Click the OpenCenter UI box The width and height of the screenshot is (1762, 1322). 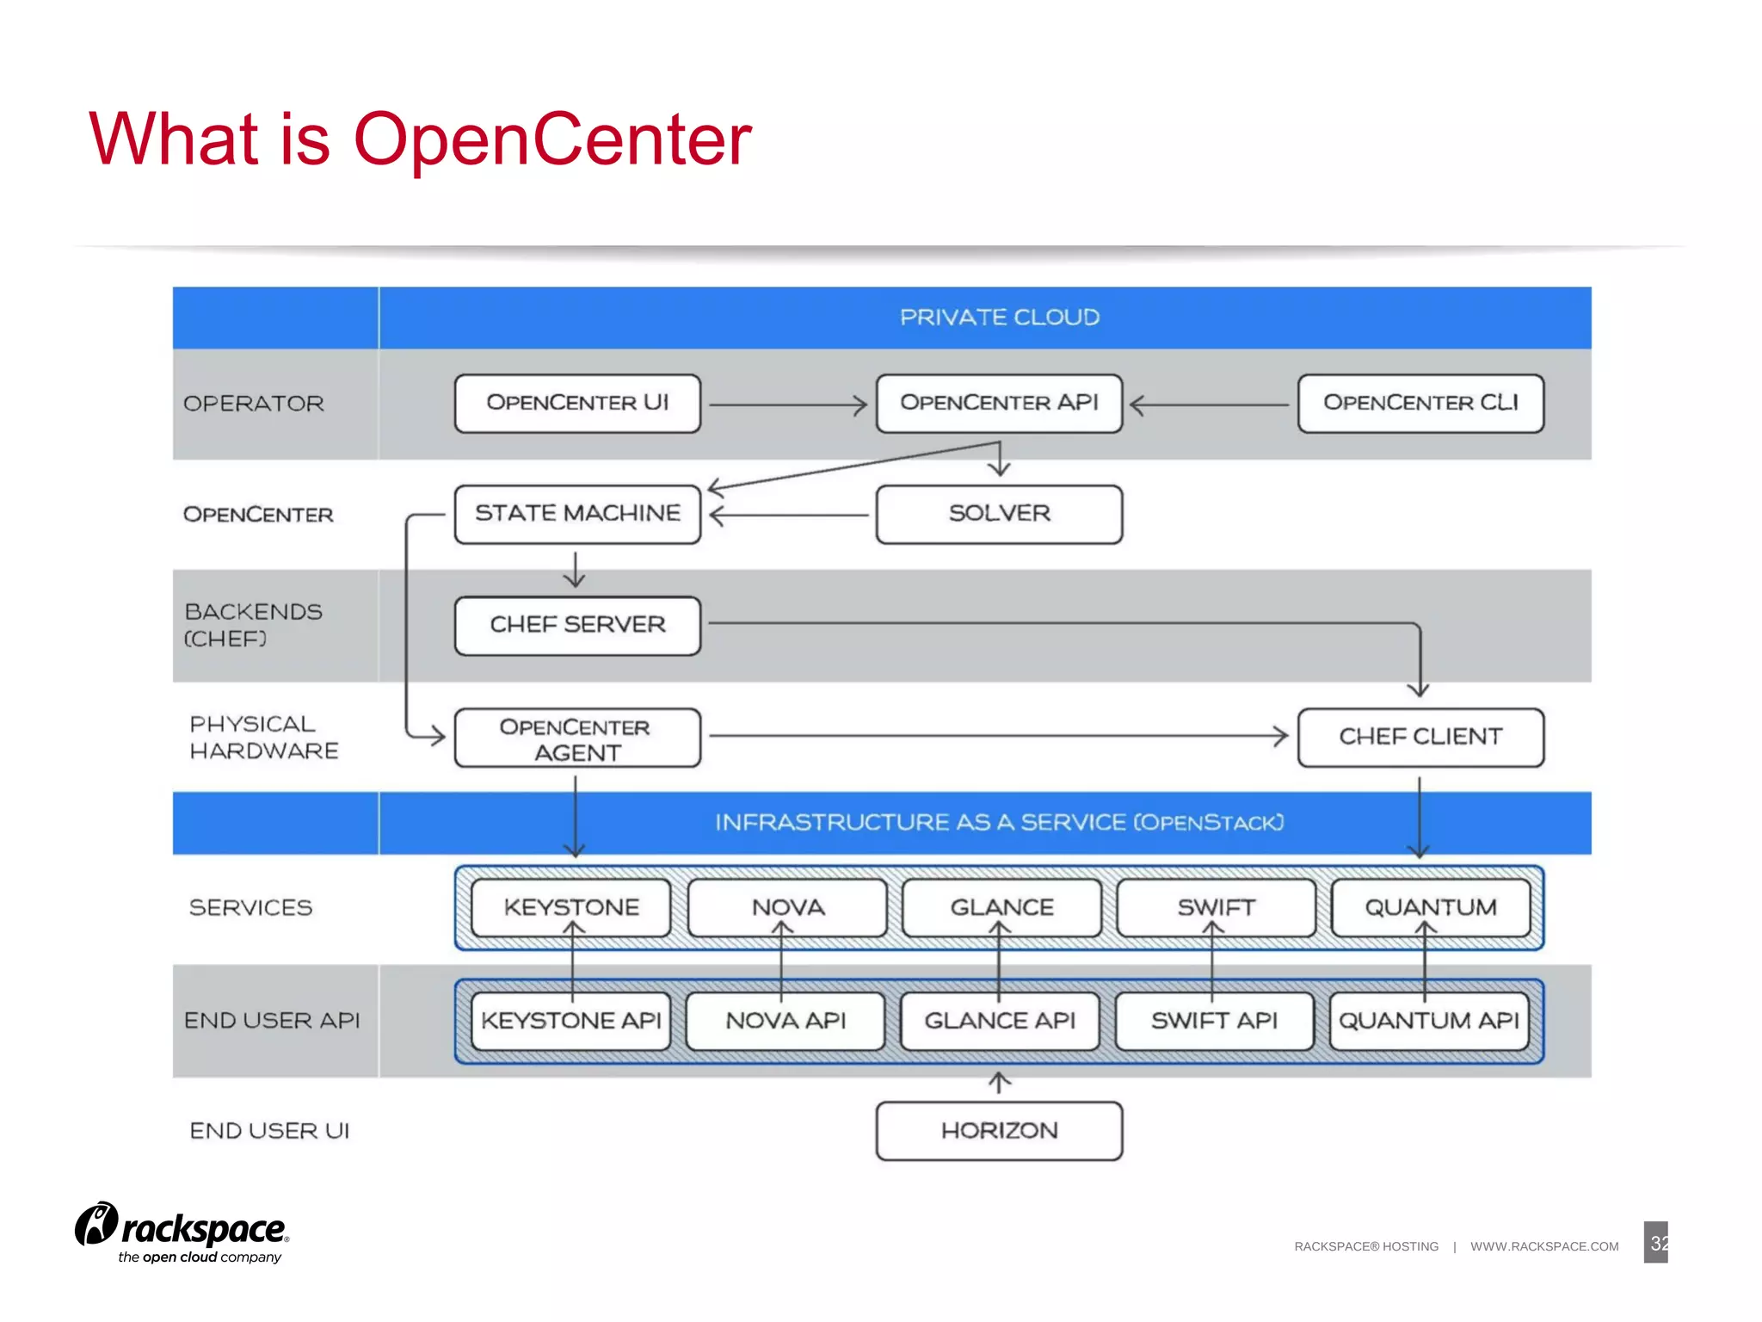577,403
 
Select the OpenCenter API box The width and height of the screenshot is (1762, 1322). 999,403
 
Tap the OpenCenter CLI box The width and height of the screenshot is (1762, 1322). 1420,403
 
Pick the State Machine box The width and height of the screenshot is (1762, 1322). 577,514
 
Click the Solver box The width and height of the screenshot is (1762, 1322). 999,514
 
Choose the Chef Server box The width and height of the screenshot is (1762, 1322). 577,625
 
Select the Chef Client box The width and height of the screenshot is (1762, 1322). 1420,737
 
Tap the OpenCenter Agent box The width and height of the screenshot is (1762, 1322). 577,738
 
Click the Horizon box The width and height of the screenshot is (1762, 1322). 999,1131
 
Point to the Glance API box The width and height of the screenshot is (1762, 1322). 1000,1021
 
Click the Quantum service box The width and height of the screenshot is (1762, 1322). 1431,907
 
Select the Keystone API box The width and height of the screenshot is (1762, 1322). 571,1021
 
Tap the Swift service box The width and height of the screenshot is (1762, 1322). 1216,907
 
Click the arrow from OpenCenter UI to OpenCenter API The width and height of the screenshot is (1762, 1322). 787,405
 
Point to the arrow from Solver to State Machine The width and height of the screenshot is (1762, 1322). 787,516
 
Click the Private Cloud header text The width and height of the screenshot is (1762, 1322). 999,318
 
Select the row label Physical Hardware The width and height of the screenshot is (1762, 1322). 263,738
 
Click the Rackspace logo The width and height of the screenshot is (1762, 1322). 182,1232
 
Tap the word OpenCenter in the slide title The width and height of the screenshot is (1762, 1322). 552,139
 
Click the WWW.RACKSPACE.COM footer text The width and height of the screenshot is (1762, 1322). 1543,1246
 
